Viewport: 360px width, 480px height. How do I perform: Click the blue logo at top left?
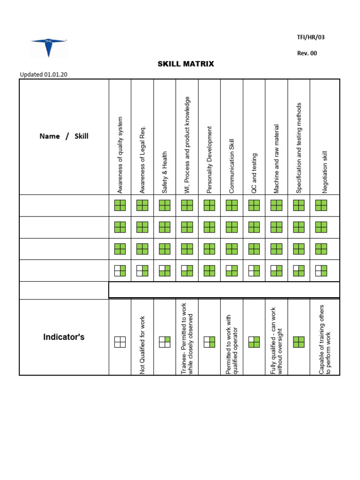[x=49, y=47]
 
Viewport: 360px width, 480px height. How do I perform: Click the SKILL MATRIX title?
[x=186, y=64]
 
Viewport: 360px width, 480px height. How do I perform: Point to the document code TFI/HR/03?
[x=310, y=37]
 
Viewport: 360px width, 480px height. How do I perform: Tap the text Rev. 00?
[x=307, y=53]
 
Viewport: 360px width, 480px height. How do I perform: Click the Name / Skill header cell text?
[x=64, y=136]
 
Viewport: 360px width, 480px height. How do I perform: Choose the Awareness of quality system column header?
[x=120, y=155]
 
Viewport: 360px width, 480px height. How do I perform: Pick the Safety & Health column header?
[x=165, y=172]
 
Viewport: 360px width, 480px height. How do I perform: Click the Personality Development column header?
[x=210, y=160]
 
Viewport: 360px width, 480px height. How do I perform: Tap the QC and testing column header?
[x=254, y=173]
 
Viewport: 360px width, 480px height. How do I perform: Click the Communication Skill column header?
[x=232, y=166]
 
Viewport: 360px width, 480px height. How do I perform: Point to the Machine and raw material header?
[x=277, y=159]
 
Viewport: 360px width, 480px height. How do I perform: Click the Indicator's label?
[x=64, y=337]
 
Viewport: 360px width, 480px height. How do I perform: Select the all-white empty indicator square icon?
[x=120, y=342]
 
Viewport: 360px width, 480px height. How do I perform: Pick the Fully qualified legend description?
[x=277, y=340]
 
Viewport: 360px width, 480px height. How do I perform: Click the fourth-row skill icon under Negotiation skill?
[x=321, y=271]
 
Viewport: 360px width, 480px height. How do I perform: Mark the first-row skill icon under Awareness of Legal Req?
[x=142, y=205]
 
